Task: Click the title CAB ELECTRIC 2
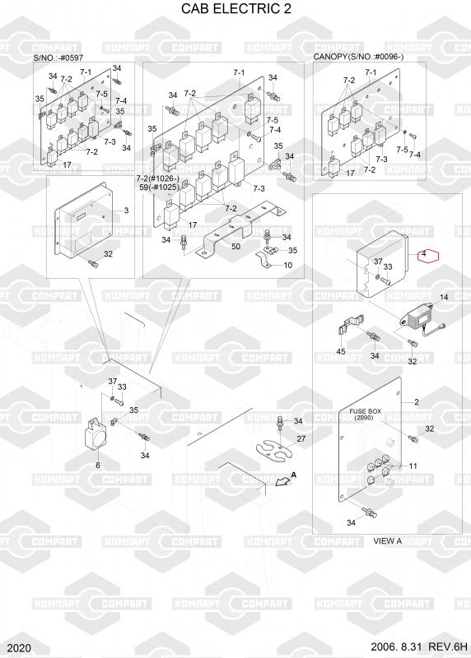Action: point(235,8)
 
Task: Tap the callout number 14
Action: point(444,297)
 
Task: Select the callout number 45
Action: point(341,351)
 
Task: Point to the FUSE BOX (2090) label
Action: point(365,415)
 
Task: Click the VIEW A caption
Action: point(387,541)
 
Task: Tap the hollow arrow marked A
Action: point(282,482)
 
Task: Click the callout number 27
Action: point(301,438)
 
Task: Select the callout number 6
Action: point(98,465)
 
